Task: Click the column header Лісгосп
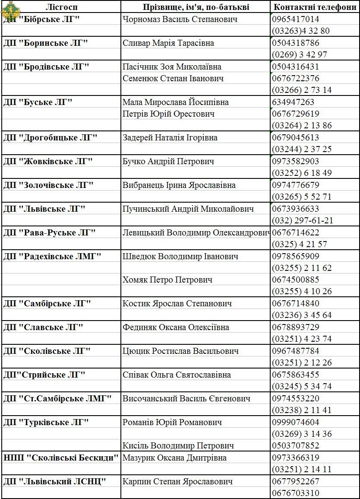point(61,7)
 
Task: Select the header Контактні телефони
point(315,7)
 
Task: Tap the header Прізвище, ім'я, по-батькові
point(196,7)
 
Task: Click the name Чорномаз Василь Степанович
point(180,19)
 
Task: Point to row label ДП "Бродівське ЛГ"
point(46,67)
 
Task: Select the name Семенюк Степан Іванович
point(173,79)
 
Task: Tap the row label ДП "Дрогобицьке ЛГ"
point(51,138)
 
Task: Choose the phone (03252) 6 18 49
point(302,173)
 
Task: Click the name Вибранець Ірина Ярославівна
point(179,185)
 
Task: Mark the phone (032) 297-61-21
point(303,221)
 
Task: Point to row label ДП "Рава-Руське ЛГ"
point(50,233)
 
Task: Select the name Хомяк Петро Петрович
point(167,280)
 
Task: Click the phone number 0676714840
point(296,304)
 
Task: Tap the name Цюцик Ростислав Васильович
point(180,351)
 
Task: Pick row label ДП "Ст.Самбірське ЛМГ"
point(57,398)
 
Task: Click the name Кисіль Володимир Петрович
point(178,445)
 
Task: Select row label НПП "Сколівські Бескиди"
point(61,458)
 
